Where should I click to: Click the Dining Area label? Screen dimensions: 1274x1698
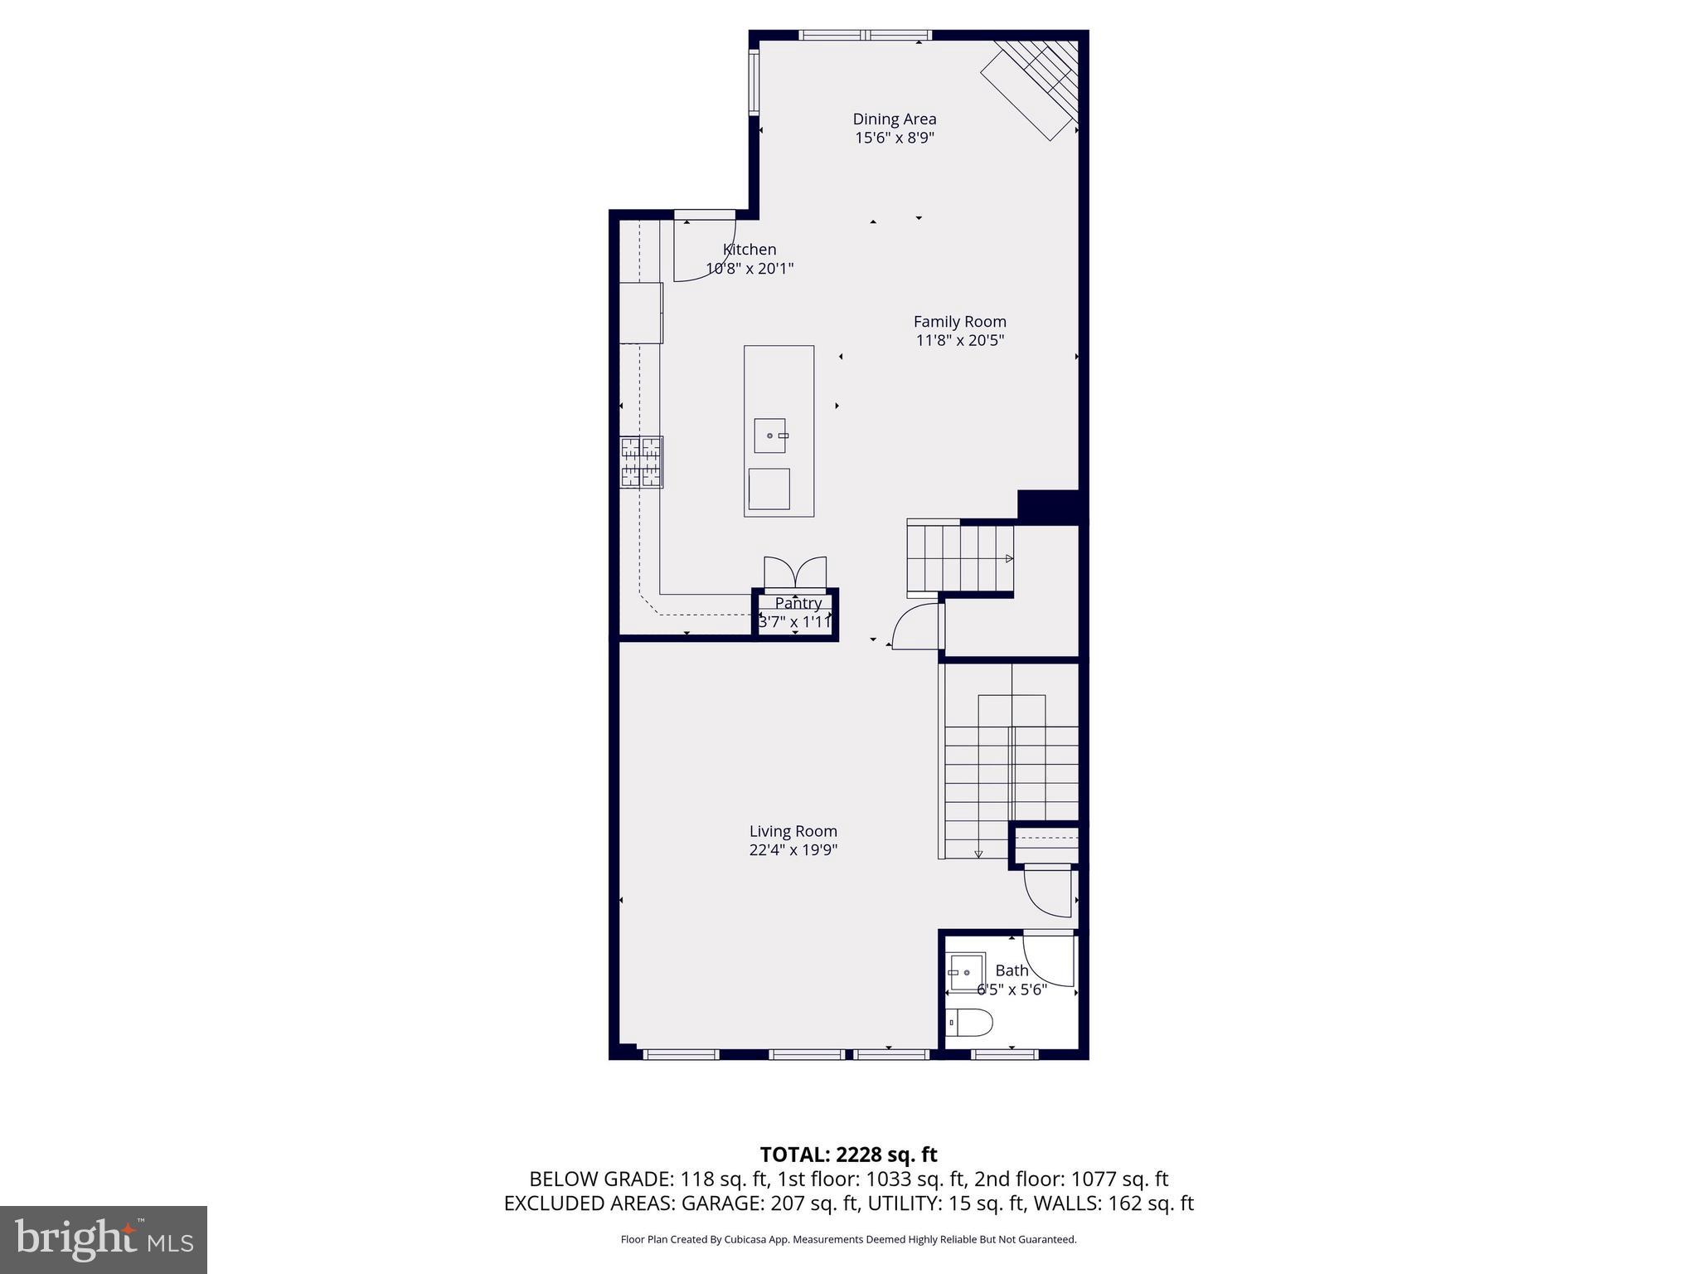894,119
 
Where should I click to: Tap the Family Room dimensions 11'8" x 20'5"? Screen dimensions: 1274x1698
959,340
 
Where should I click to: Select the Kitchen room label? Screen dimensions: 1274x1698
750,250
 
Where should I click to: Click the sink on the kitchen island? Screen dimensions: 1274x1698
770,435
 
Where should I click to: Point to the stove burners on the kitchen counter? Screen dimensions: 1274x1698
641,462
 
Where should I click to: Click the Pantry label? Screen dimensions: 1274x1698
798,603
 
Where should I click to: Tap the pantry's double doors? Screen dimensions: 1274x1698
795,573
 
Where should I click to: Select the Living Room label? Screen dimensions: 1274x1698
793,831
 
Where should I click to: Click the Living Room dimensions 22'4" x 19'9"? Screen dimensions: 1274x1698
793,850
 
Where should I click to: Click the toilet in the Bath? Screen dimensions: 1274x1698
970,1023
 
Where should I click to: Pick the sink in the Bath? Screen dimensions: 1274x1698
967,971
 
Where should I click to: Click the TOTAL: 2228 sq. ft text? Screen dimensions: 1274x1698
848,1154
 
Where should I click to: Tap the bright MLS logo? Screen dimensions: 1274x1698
104,1239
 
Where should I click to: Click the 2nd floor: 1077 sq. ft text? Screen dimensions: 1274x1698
1070,1179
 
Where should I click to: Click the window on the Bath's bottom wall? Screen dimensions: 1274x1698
1004,1054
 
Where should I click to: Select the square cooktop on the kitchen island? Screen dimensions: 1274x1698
769,489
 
